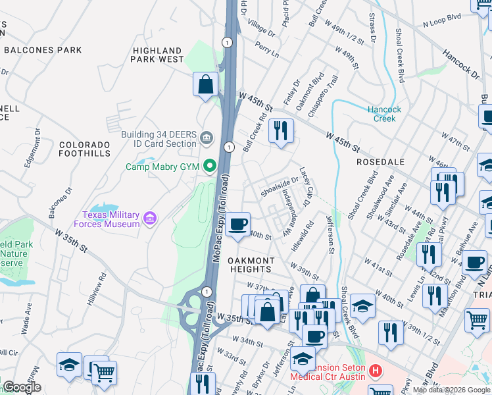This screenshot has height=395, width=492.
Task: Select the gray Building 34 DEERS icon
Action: [x=207, y=137]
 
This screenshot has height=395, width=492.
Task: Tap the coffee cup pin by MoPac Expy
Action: [x=237, y=224]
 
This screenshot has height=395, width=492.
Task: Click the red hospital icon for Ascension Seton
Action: [x=376, y=371]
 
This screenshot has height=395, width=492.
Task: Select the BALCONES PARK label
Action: [x=42, y=50]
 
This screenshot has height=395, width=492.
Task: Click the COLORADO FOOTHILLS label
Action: [x=85, y=149]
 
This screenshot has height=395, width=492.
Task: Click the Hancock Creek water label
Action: [x=380, y=114]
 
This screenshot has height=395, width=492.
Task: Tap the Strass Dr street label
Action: [x=372, y=26]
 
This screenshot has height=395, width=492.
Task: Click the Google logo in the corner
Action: [x=22, y=387]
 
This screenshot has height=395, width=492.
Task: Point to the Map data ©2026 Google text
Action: [x=451, y=390]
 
